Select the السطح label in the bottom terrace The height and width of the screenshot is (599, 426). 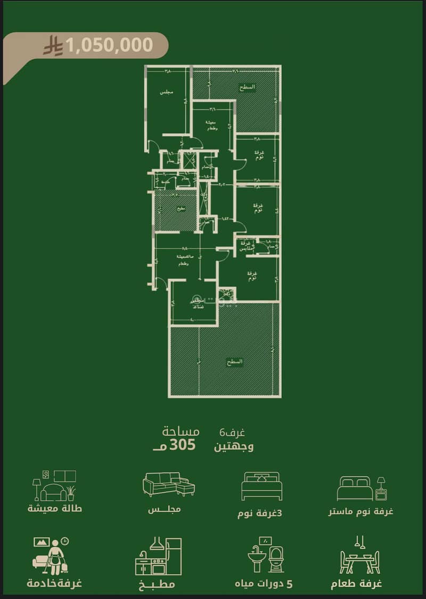pyautogui.click(x=234, y=361)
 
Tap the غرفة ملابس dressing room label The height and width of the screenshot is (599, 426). pyautogui.click(x=245, y=246)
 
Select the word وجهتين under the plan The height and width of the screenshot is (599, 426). pyautogui.click(x=234, y=446)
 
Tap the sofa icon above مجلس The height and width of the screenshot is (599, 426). pyautogui.click(x=169, y=484)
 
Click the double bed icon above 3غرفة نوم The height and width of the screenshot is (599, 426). pyautogui.click(x=261, y=486)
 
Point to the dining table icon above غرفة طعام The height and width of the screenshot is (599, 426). pyautogui.click(x=360, y=556)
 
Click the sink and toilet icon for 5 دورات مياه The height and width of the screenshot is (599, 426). pyautogui.click(x=268, y=555)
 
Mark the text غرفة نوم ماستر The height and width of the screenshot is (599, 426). pyautogui.click(x=361, y=511)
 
